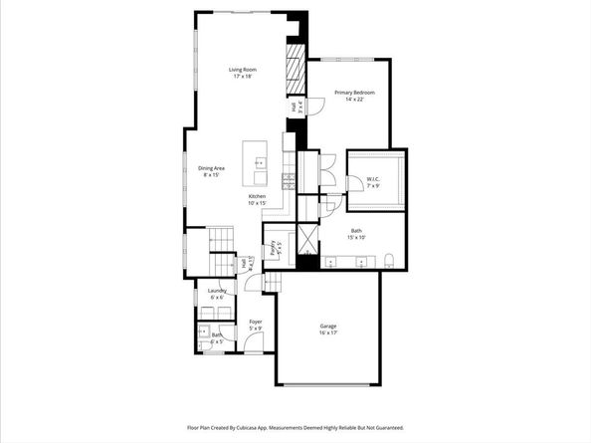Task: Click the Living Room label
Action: [x=243, y=70]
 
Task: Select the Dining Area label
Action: [x=212, y=168]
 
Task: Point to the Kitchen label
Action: [x=258, y=196]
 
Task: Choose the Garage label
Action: [x=328, y=327]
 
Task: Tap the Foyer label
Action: [x=256, y=323]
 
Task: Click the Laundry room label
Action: [x=216, y=291]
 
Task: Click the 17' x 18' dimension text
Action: [x=243, y=77]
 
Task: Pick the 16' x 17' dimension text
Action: [x=328, y=333]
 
